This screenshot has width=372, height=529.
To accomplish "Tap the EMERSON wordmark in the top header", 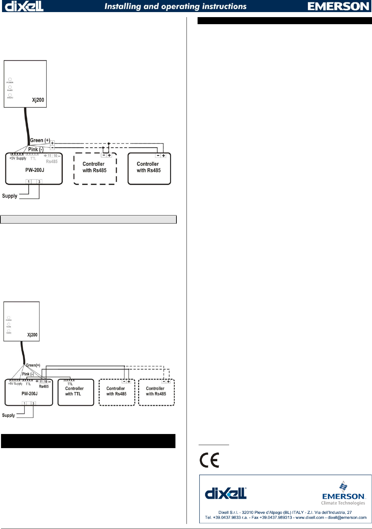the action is tap(338, 6).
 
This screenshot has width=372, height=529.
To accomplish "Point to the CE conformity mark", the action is tap(209, 460).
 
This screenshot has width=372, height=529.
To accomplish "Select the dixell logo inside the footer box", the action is tap(226, 493).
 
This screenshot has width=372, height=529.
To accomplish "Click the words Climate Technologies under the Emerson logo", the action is tap(343, 503).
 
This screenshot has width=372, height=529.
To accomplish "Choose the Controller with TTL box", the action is tap(75, 392).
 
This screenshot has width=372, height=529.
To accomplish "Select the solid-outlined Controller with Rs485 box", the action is tap(149, 169).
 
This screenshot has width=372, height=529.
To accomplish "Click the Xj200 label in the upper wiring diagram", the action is tap(38, 100).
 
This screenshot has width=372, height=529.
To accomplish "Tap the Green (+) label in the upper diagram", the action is tap(40, 140).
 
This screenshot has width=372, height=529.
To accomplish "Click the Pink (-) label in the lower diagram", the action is tap(28, 374).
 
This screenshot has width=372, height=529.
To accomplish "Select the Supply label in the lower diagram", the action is tap(8, 415).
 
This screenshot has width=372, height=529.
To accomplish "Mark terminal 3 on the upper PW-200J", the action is tap(39, 182).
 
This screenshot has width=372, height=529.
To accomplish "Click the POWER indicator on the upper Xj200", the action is tap(10, 80).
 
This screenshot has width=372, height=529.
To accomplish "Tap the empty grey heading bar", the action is tap(88, 220).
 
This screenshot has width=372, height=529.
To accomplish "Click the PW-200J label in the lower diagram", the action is tap(30, 393).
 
